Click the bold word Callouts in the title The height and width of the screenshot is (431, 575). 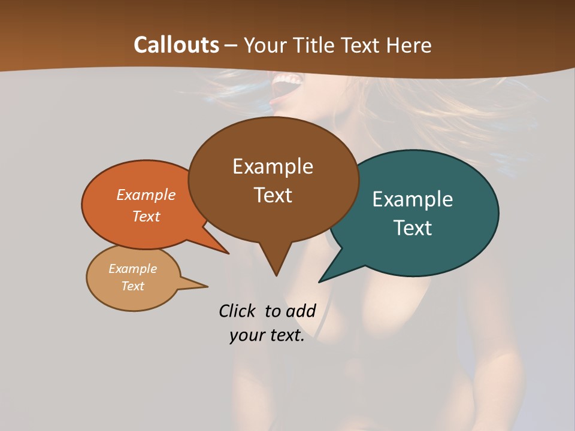[176, 45]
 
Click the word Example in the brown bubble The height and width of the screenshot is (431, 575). [273, 166]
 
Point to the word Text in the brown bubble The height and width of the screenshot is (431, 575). [273, 195]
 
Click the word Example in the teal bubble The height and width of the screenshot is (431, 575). [413, 199]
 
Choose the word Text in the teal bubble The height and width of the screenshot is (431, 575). [413, 228]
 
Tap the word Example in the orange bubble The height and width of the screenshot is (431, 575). [146, 195]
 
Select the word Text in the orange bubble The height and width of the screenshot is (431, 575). [146, 216]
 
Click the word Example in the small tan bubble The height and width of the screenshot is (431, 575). [132, 269]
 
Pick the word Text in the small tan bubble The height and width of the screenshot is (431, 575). [132, 286]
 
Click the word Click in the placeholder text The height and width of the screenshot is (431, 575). [238, 311]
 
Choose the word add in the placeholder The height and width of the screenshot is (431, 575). [301, 311]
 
